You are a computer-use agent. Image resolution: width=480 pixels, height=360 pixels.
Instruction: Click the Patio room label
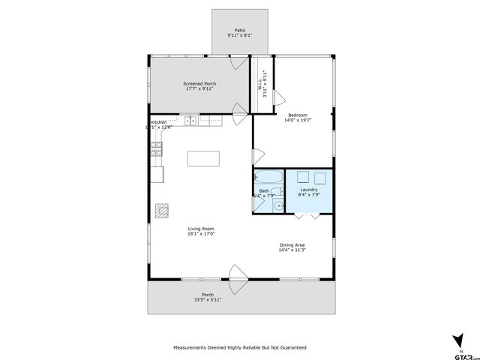(x=240, y=31)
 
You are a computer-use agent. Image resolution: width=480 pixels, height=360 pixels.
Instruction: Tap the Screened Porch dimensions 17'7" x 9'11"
(x=199, y=88)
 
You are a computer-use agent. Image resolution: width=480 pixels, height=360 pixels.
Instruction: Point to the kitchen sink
(x=191, y=119)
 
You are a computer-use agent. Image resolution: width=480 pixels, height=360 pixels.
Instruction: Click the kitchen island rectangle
(x=204, y=158)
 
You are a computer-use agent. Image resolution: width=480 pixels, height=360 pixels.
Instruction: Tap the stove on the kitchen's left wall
(x=157, y=150)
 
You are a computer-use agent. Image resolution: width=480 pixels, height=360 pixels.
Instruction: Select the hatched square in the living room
(x=163, y=211)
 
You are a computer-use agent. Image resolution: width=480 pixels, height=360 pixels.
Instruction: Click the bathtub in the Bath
(x=268, y=178)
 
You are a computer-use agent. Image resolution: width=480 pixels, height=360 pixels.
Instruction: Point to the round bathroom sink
(x=278, y=205)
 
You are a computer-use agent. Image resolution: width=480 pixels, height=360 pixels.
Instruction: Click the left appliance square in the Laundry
(x=304, y=178)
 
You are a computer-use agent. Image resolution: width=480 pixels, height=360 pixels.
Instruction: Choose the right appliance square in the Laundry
(x=320, y=178)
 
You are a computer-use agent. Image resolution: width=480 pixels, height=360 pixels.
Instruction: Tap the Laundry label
(x=309, y=190)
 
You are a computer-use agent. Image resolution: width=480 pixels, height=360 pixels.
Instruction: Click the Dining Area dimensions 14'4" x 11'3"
(x=292, y=250)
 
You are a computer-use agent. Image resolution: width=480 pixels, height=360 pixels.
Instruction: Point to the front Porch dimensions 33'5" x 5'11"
(x=208, y=299)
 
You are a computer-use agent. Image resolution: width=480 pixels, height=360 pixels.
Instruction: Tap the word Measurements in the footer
(x=193, y=347)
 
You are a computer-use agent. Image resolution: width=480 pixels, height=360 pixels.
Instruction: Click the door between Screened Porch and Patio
(x=240, y=63)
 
